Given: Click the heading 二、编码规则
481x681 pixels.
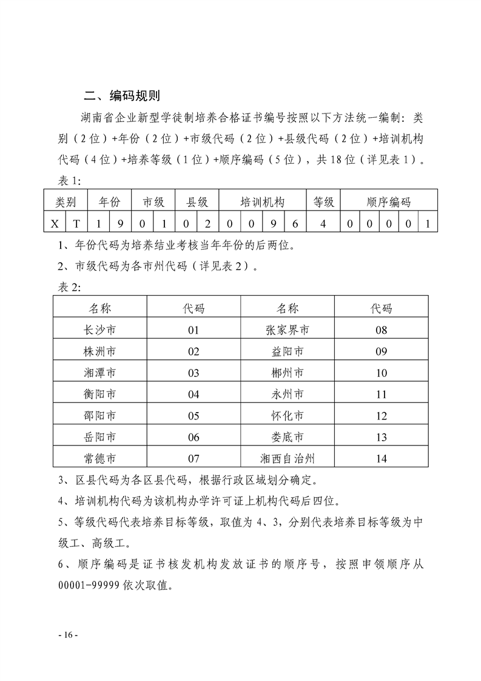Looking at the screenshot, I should pyautogui.click(x=121, y=96).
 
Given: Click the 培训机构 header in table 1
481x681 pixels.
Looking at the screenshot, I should pyautogui.click(x=262, y=202).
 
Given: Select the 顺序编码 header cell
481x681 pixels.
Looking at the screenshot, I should pyautogui.click(x=388, y=202).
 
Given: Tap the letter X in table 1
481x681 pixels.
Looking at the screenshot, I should pyautogui.click(x=55, y=223).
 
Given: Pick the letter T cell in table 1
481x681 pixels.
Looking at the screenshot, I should pyautogui.click(x=76, y=223).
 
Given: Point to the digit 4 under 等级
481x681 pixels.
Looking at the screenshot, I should pyautogui.click(x=323, y=223).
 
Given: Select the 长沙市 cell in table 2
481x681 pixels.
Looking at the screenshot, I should pyautogui.click(x=100, y=330).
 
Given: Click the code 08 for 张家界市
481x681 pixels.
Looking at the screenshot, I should pyautogui.click(x=382, y=330).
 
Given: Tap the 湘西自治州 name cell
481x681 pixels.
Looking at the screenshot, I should pyautogui.click(x=288, y=458).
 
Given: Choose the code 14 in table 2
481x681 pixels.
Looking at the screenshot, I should pyautogui.click(x=382, y=458).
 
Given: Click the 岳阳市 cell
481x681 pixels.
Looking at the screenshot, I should pyautogui.click(x=100, y=436).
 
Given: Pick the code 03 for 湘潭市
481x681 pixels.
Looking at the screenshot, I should pyautogui.click(x=193, y=373).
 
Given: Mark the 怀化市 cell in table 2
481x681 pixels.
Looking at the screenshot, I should pyautogui.click(x=288, y=415).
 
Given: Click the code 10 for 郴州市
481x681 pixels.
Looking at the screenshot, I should pyautogui.click(x=382, y=373).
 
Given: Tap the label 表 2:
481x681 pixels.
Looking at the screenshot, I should pyautogui.click(x=66, y=286).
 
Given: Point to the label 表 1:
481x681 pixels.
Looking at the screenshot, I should pyautogui.click(x=66, y=181).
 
